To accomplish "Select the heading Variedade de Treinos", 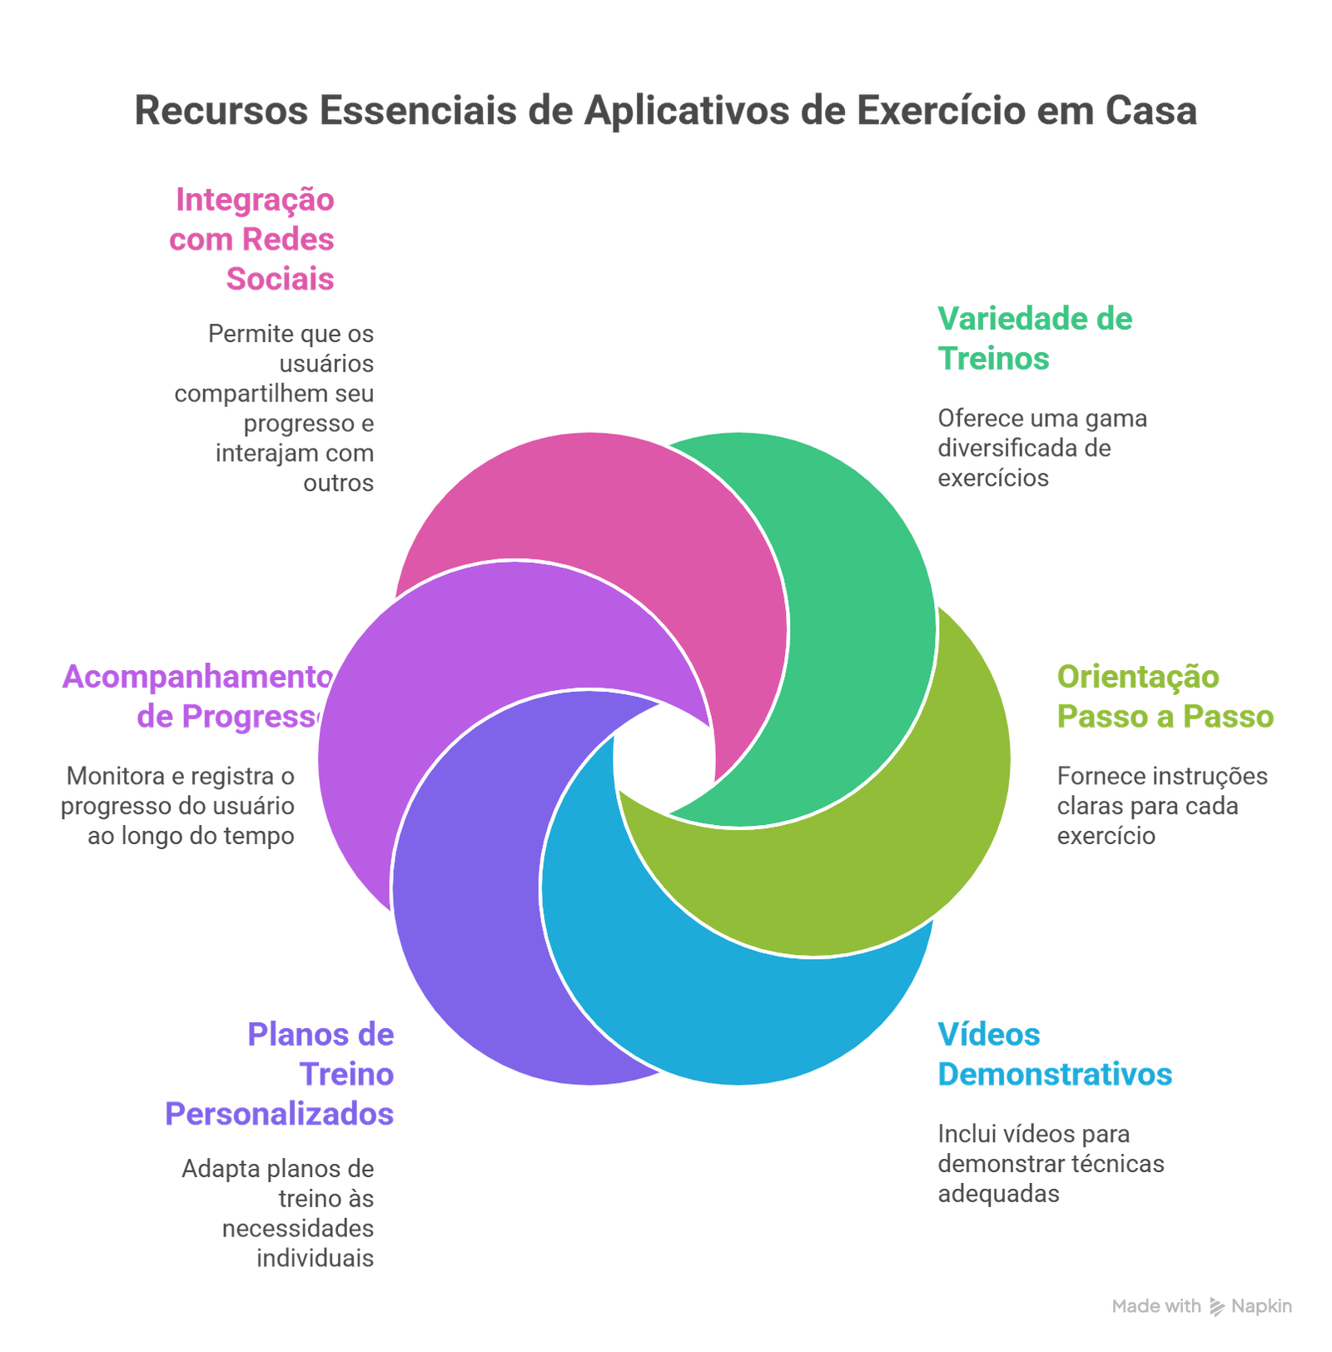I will pyautogui.click(x=1035, y=339).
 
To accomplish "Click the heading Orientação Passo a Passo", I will pyautogui.click(x=1165, y=697).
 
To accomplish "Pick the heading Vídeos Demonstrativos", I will pyautogui.click(x=1054, y=1055).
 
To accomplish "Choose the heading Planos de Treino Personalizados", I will pyautogui.click(x=281, y=1074).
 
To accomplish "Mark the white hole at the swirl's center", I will pyautogui.click(x=664, y=758).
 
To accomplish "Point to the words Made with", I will pyautogui.click(x=1156, y=1306).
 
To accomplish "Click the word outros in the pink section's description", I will pyautogui.click(x=339, y=483).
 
